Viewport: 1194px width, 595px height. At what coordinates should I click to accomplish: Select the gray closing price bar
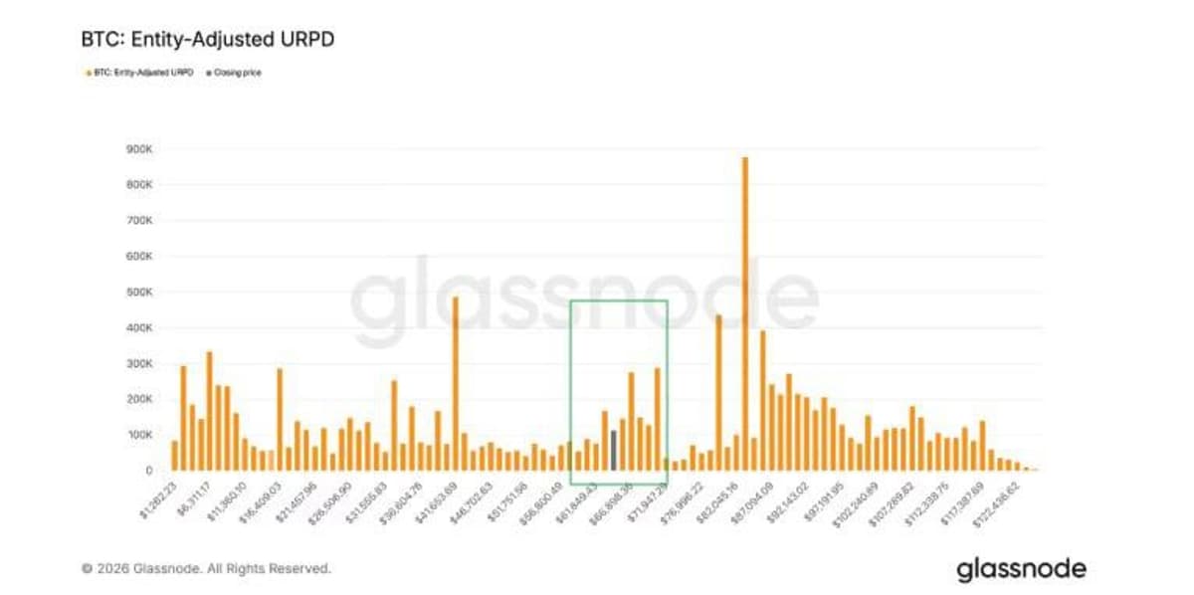614,450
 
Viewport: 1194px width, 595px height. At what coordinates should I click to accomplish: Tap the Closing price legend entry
236,73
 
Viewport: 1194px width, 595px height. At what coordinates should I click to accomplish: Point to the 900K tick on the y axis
139,149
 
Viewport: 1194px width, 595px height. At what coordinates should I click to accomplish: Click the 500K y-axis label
139,292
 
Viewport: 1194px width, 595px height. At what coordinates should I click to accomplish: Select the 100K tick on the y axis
139,435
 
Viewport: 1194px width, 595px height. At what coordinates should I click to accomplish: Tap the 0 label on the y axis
148,470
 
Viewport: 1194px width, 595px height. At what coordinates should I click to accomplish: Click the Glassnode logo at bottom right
1021,569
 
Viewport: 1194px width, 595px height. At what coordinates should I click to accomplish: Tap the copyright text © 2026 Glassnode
206,569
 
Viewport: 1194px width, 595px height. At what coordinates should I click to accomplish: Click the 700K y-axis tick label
139,220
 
